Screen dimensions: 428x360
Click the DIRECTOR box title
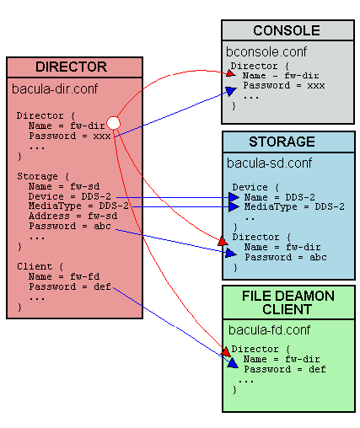pyautogui.click(x=71, y=67)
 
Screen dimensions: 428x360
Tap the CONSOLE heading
pyautogui.click(x=286, y=30)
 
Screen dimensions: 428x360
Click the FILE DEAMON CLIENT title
pyautogui.click(x=287, y=302)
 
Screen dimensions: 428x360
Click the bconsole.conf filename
pyautogui.click(x=266, y=51)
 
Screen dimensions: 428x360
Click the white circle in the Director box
pyautogui.click(x=114, y=124)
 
